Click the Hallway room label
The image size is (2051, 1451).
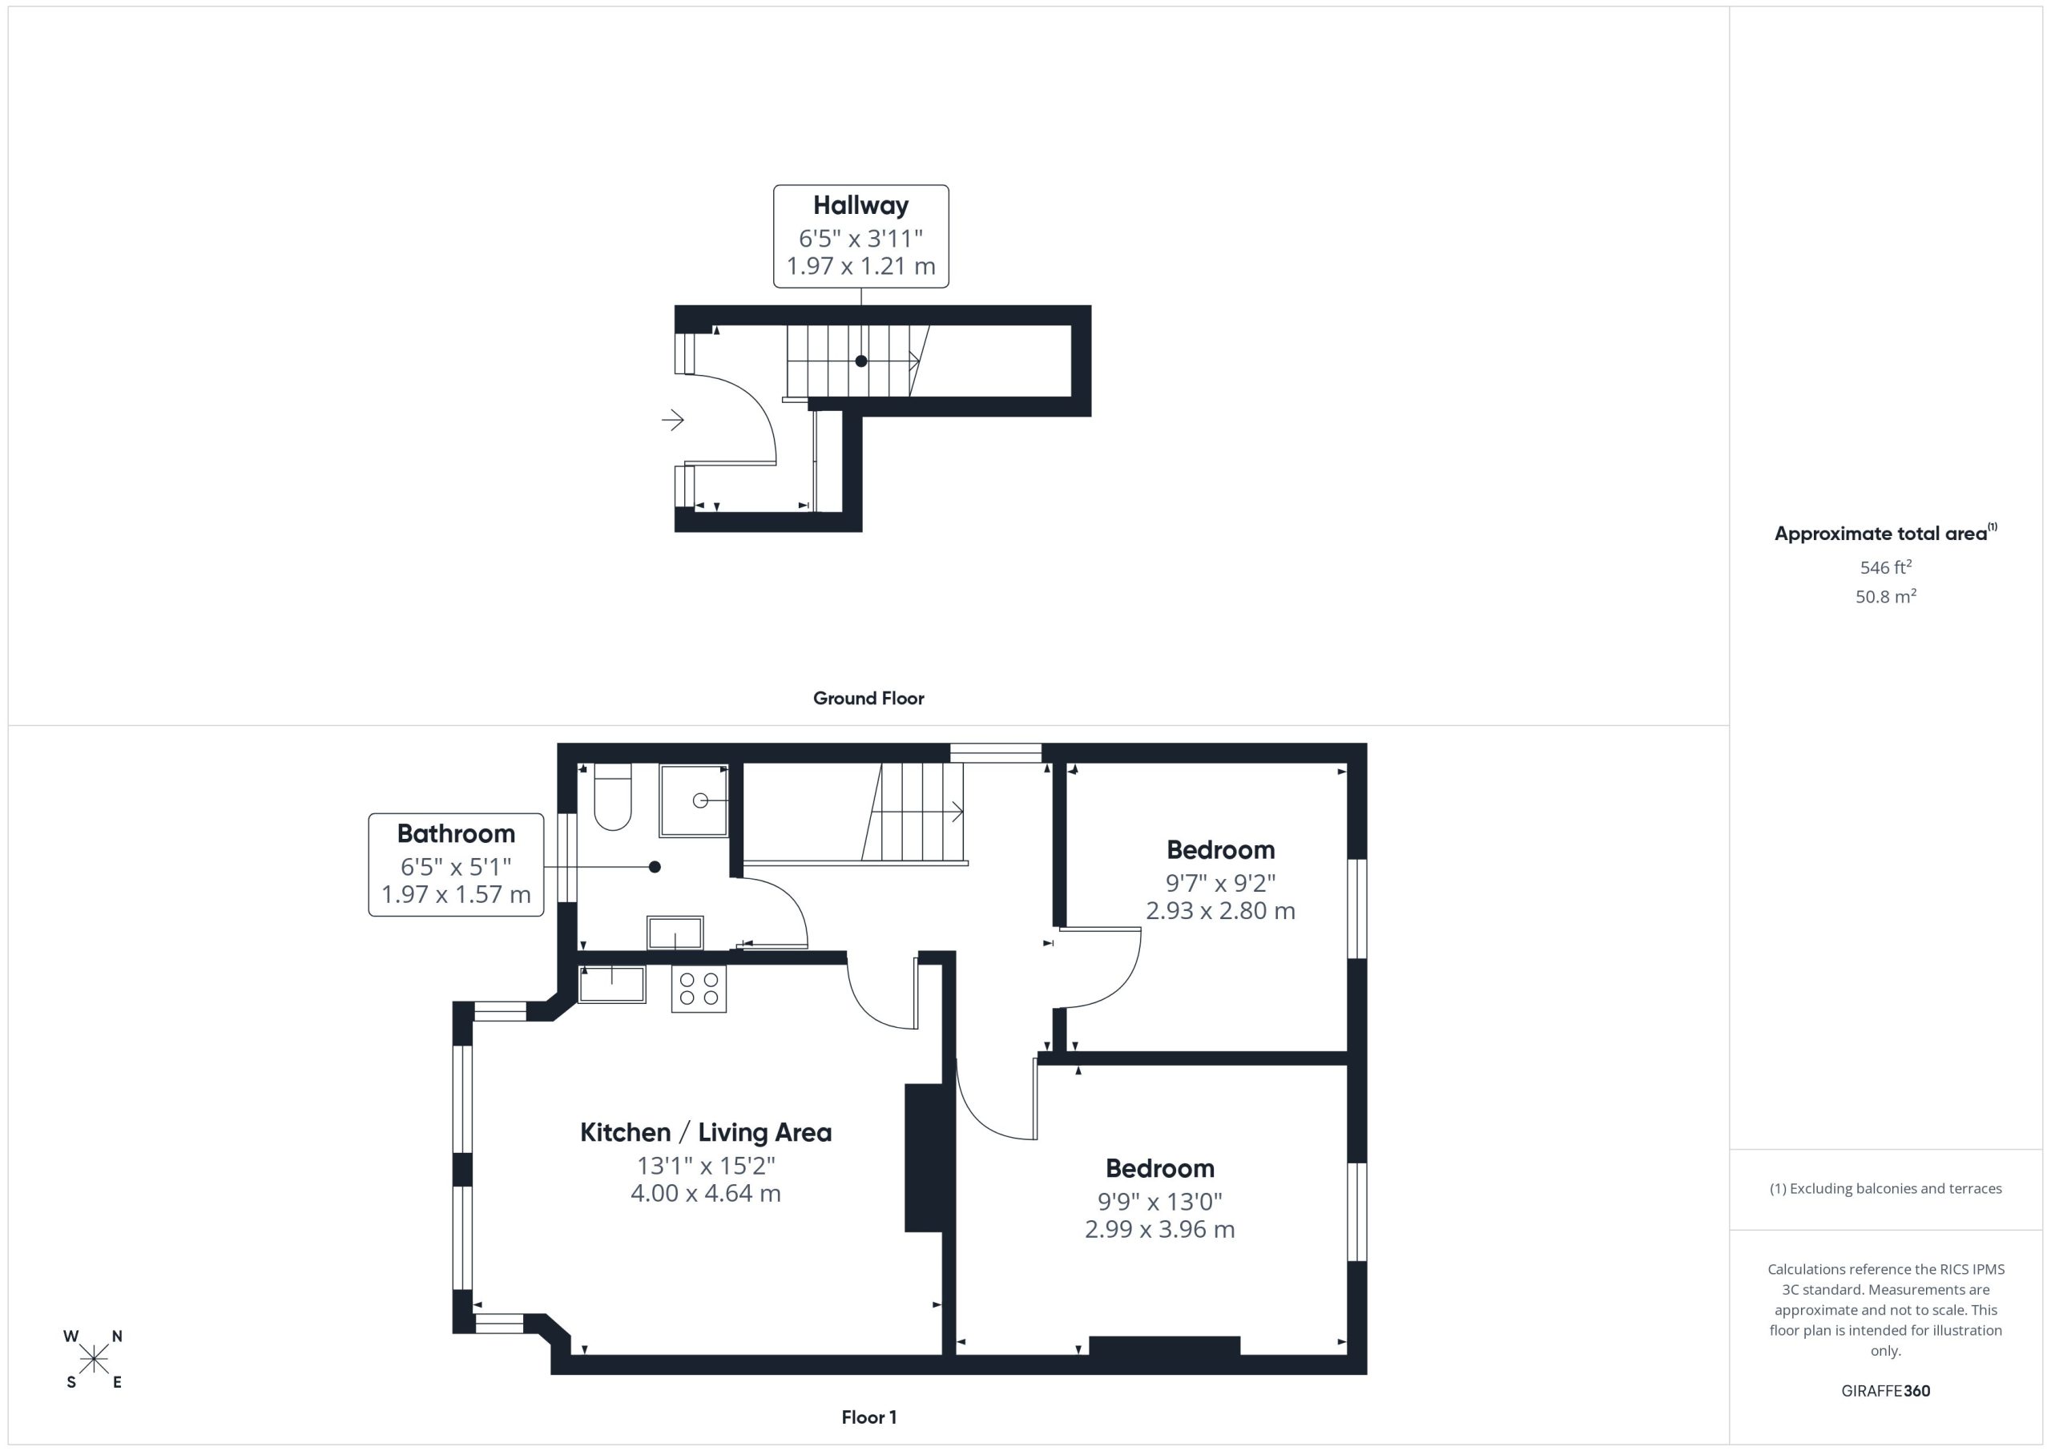point(860,205)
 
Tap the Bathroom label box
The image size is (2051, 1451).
point(456,864)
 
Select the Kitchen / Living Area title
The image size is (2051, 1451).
point(706,1132)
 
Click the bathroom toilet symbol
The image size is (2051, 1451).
point(613,797)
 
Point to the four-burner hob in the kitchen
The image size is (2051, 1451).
point(699,988)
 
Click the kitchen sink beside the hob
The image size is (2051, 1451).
point(612,985)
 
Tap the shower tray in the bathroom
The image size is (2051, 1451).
point(694,800)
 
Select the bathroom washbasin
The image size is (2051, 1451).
point(675,933)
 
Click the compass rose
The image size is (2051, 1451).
point(93,1359)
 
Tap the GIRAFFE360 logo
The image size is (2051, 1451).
point(1886,1391)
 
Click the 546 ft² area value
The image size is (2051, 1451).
point(1886,567)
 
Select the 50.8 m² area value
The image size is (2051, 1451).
point(1886,596)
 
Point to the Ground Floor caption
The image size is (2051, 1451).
point(868,699)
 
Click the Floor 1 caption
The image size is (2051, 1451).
point(869,1417)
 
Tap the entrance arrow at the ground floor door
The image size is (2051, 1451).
point(673,419)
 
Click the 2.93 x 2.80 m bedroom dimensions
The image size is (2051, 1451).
point(1220,910)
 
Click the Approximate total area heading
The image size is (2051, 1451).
point(1886,534)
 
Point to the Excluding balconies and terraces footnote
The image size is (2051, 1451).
point(1886,1188)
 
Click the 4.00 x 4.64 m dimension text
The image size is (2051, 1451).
point(706,1193)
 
